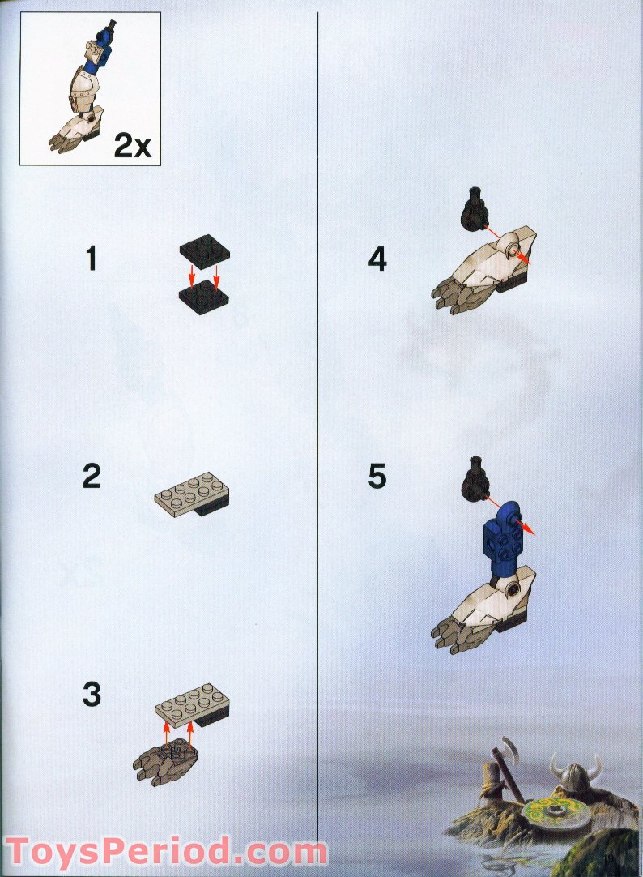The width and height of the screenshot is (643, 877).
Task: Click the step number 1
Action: (92, 259)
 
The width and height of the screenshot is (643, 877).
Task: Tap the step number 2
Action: (92, 476)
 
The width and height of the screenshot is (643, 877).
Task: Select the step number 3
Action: (92, 694)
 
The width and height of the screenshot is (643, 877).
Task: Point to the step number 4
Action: (377, 259)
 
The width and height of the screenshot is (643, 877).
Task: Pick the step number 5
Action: (377, 477)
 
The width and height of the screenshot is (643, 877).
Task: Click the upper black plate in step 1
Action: (204, 248)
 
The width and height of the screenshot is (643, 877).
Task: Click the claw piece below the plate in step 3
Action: (165, 761)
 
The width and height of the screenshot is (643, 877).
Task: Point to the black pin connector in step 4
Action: (475, 208)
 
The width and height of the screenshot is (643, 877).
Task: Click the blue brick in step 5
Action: (504, 541)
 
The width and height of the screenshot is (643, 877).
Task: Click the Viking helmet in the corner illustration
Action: (574, 772)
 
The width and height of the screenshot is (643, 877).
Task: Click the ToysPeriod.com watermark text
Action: (166, 852)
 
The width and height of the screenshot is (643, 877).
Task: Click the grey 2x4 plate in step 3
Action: (192, 703)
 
